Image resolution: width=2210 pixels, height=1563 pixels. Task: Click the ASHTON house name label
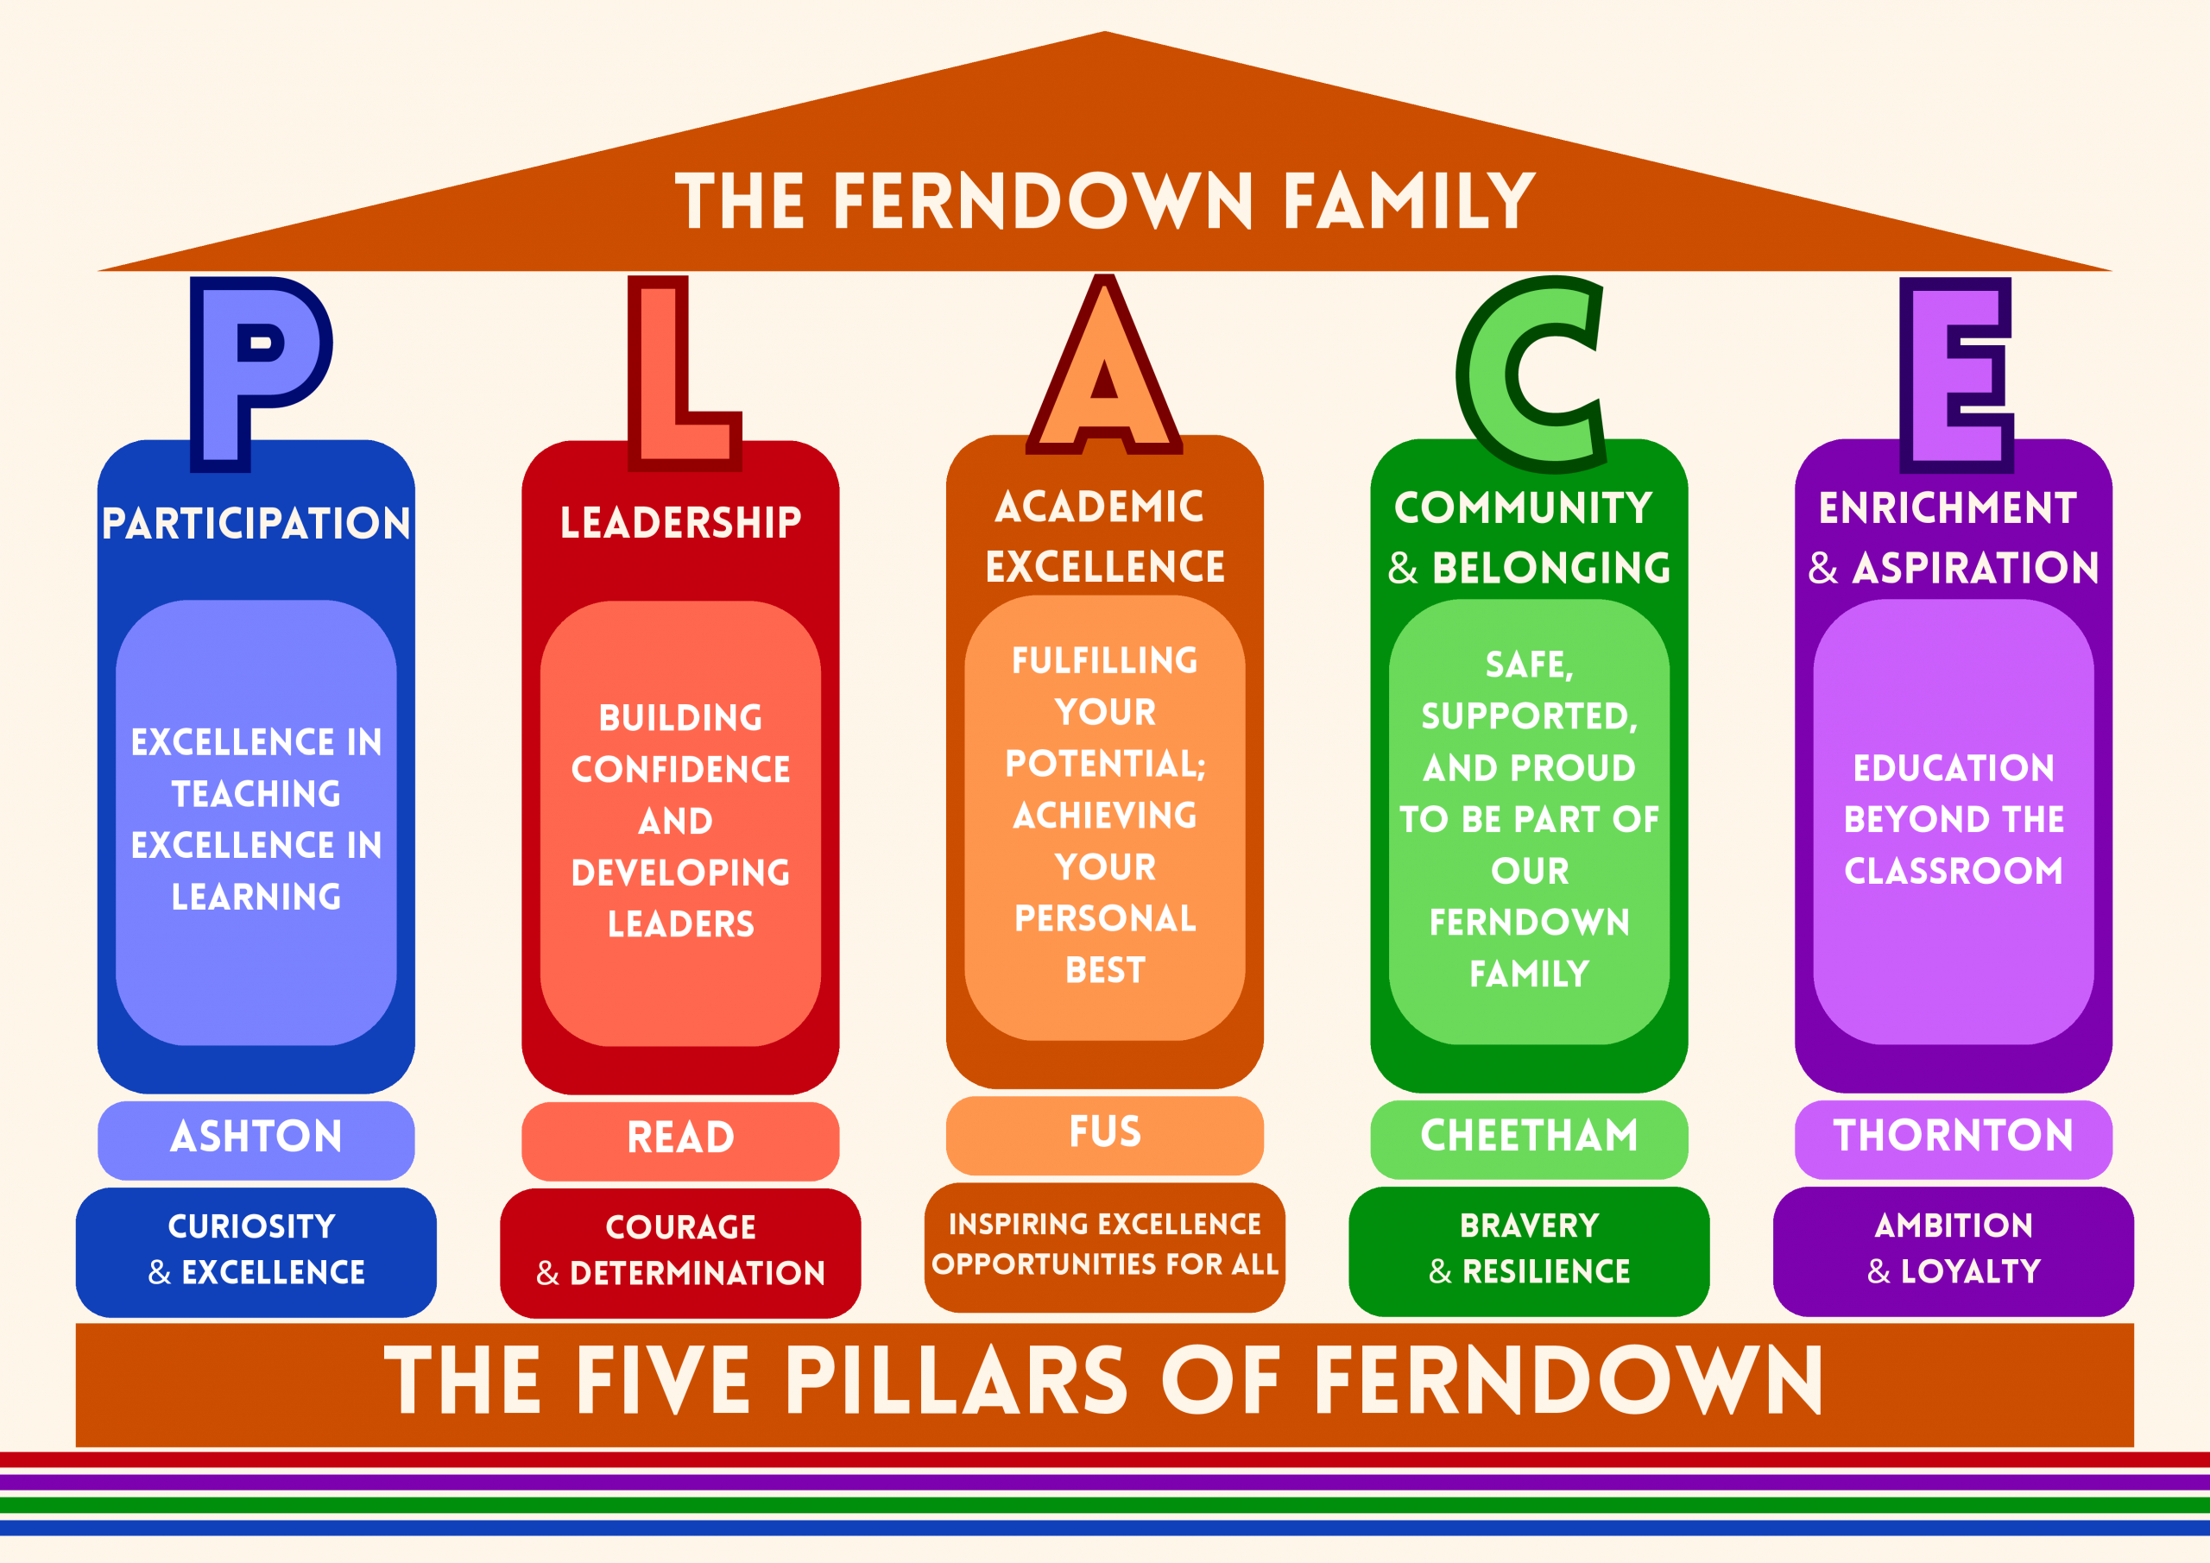pyautogui.click(x=256, y=1137)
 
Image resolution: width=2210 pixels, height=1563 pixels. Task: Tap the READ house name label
pyautogui.click(x=680, y=1138)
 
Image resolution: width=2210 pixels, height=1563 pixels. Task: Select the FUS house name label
pyautogui.click(x=1105, y=1131)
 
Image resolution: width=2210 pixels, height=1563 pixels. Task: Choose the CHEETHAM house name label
pyautogui.click(x=1530, y=1136)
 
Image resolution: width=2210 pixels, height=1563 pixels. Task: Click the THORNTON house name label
pyautogui.click(x=1953, y=1136)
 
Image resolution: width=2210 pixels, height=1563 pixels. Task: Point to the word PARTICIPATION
pyautogui.click(x=256, y=524)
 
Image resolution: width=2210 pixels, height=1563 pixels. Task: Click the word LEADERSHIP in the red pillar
pyautogui.click(x=680, y=523)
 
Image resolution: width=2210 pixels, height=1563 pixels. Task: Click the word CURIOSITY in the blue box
pyautogui.click(x=252, y=1226)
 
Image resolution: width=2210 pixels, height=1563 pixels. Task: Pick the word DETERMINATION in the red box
pyautogui.click(x=698, y=1273)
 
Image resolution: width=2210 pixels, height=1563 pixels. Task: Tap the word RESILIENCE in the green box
pyautogui.click(x=1546, y=1271)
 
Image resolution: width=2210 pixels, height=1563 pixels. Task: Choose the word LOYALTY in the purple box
pyautogui.click(x=1970, y=1271)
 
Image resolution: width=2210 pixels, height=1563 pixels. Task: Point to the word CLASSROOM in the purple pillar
pyautogui.click(x=1953, y=871)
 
